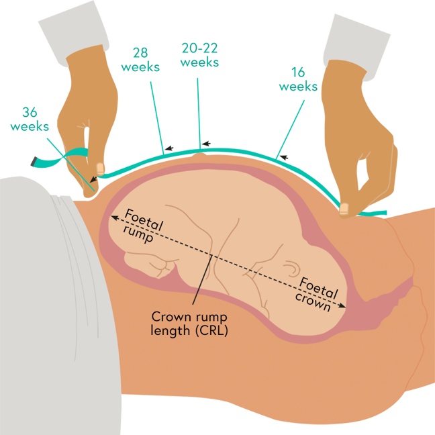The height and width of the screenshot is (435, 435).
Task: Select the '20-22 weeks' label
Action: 199,54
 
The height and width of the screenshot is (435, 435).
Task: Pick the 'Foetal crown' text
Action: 316,293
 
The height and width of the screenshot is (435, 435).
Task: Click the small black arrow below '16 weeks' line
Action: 285,157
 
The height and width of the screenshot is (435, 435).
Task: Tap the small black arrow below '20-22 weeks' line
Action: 205,144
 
